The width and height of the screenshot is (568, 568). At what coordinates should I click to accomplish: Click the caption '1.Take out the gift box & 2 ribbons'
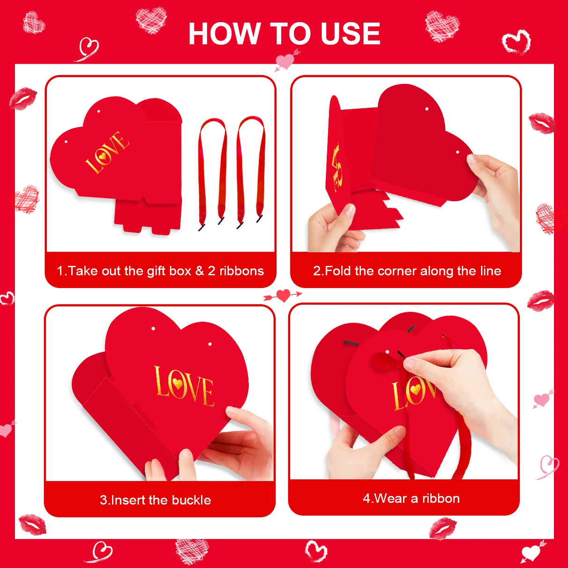pos(160,271)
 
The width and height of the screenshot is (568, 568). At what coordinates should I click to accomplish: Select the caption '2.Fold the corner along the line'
pos(407,271)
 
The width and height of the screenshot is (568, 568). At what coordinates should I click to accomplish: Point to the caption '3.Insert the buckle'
pos(155,500)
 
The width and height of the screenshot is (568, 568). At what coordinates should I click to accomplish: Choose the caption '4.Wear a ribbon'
pos(411,498)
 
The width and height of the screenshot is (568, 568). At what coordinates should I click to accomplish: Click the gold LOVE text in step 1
pos(107,153)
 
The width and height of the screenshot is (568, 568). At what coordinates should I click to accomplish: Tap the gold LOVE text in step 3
pos(184,386)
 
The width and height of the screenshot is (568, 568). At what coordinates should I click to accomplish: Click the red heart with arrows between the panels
pos(283,295)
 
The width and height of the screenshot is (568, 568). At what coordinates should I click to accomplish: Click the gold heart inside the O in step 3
pos(177,384)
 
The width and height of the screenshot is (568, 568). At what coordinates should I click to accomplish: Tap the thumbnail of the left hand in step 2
pos(350,211)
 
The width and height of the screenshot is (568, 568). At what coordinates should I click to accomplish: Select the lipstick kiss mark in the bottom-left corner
pos(32,524)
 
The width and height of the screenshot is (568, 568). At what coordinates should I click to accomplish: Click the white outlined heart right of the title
pos(516,43)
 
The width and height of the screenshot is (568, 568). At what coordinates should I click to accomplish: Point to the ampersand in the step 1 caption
pos(200,271)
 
